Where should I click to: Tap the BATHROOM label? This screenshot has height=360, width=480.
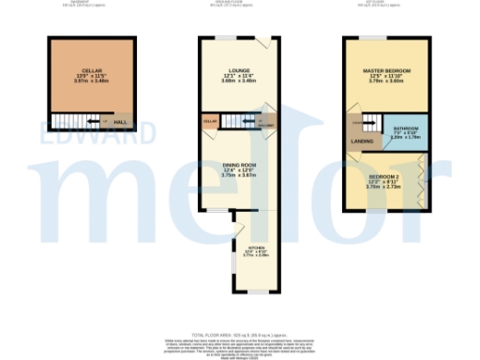coord(406,128)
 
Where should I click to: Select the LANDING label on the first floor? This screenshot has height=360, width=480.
coord(361,142)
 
